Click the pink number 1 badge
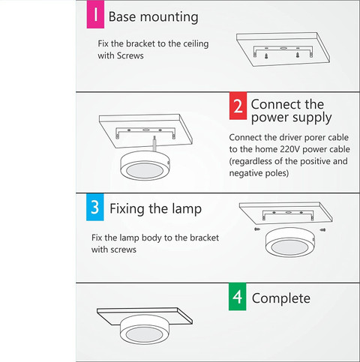click(95, 14)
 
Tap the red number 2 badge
click(238, 106)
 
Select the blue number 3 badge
click(95, 207)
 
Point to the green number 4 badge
click(237, 297)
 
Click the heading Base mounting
click(153, 17)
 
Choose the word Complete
click(281, 298)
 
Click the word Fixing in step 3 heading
click(127, 209)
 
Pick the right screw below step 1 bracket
click(298, 55)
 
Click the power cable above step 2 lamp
click(155, 143)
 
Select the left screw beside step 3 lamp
click(256, 229)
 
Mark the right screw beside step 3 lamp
click(322, 229)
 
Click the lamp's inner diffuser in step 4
click(145, 334)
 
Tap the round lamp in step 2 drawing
click(145, 166)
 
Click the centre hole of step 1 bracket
click(283, 48)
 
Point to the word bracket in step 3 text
click(204, 238)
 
